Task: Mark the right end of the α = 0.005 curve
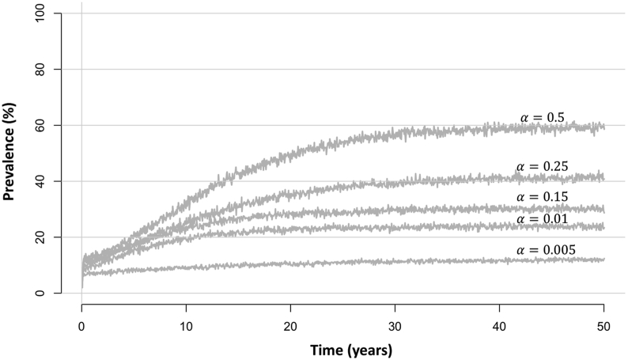point(604,260)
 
